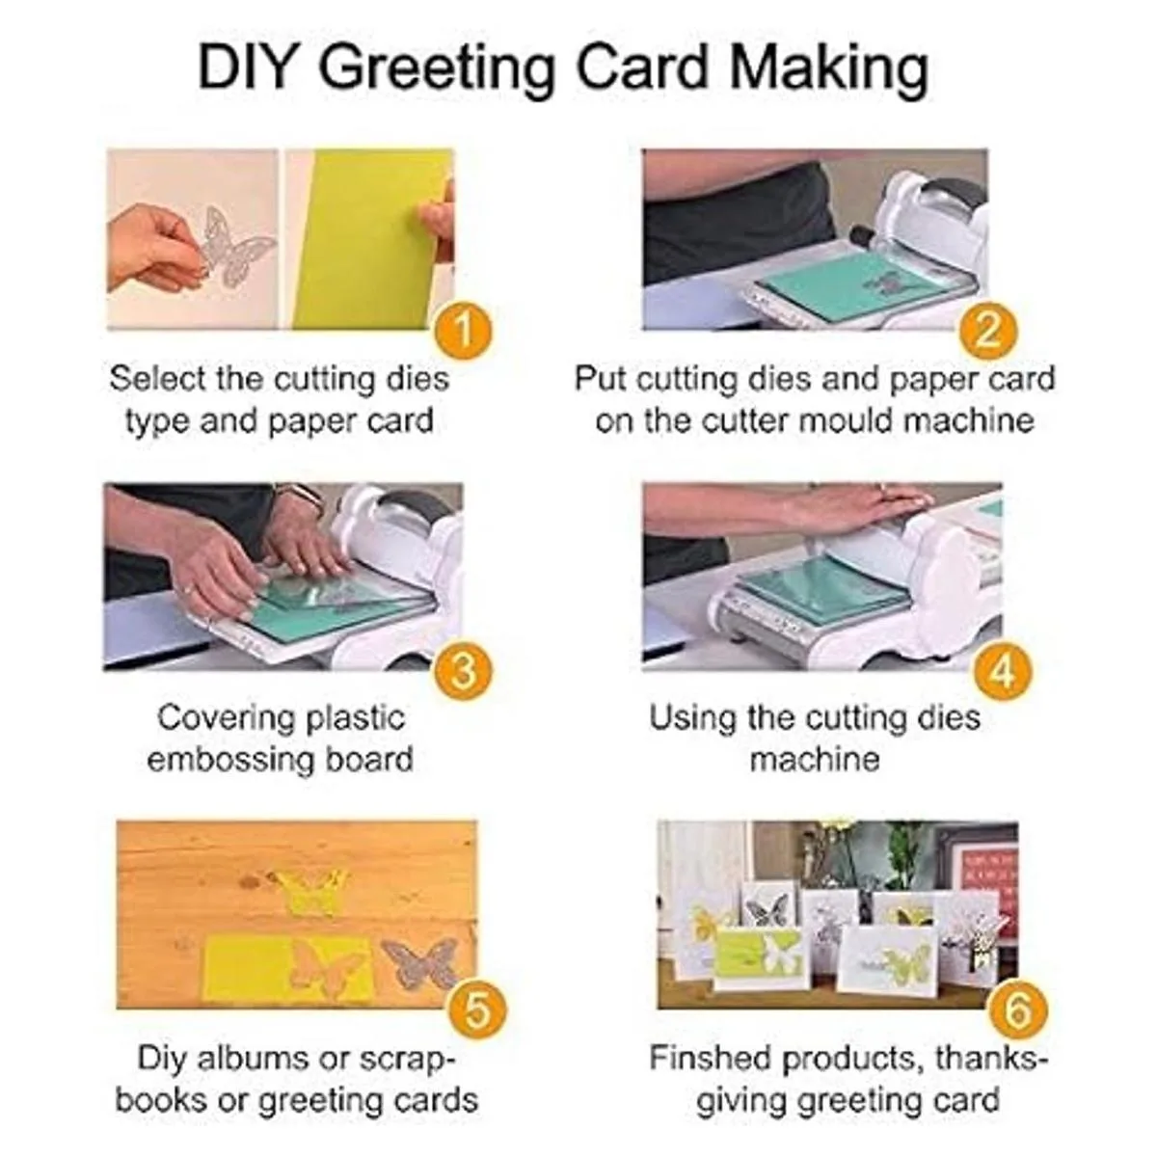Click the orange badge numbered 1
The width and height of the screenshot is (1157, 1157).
coord(464,330)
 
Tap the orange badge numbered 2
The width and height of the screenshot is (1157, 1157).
coord(987,330)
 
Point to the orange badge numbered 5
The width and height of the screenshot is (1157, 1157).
coord(478,1010)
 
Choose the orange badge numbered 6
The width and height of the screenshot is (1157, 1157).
coord(1018,1010)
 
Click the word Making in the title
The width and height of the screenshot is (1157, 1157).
coord(829,70)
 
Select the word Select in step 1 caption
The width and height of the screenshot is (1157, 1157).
coord(158,379)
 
